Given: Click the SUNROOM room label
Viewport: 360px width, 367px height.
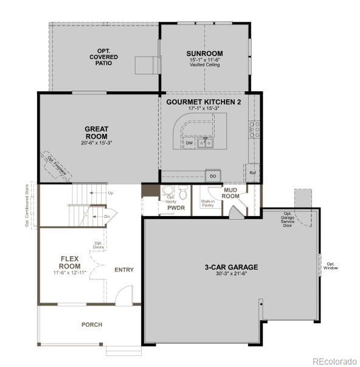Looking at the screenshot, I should click(x=204, y=54).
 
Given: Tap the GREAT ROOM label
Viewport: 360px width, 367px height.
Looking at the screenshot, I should click(x=96, y=133).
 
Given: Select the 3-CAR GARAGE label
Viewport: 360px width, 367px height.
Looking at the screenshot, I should click(x=231, y=267).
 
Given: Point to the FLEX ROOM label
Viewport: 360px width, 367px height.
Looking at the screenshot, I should click(x=71, y=262).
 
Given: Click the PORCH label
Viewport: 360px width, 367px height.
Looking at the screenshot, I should click(x=92, y=324).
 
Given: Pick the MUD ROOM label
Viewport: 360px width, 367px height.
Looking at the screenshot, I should click(x=230, y=193).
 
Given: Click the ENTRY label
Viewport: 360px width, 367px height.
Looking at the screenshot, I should click(x=124, y=270).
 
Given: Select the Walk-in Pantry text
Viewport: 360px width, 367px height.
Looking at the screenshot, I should click(x=207, y=204).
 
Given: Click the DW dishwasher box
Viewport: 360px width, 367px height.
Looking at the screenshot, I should click(x=189, y=143).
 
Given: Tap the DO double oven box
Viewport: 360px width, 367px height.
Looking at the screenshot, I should click(x=213, y=176).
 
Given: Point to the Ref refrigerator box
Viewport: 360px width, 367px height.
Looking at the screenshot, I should click(x=253, y=173).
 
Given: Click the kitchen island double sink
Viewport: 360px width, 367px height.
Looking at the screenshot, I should click(x=206, y=142).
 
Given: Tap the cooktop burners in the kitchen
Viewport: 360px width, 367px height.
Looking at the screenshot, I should click(x=254, y=128).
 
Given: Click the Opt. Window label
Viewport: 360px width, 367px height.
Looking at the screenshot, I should click(x=331, y=266).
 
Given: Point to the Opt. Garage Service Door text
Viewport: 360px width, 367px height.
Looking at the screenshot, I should click(x=288, y=219).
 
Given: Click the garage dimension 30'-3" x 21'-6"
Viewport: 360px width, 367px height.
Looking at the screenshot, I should click(x=231, y=274).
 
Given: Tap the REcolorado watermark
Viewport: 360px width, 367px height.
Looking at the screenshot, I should click(x=334, y=361).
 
